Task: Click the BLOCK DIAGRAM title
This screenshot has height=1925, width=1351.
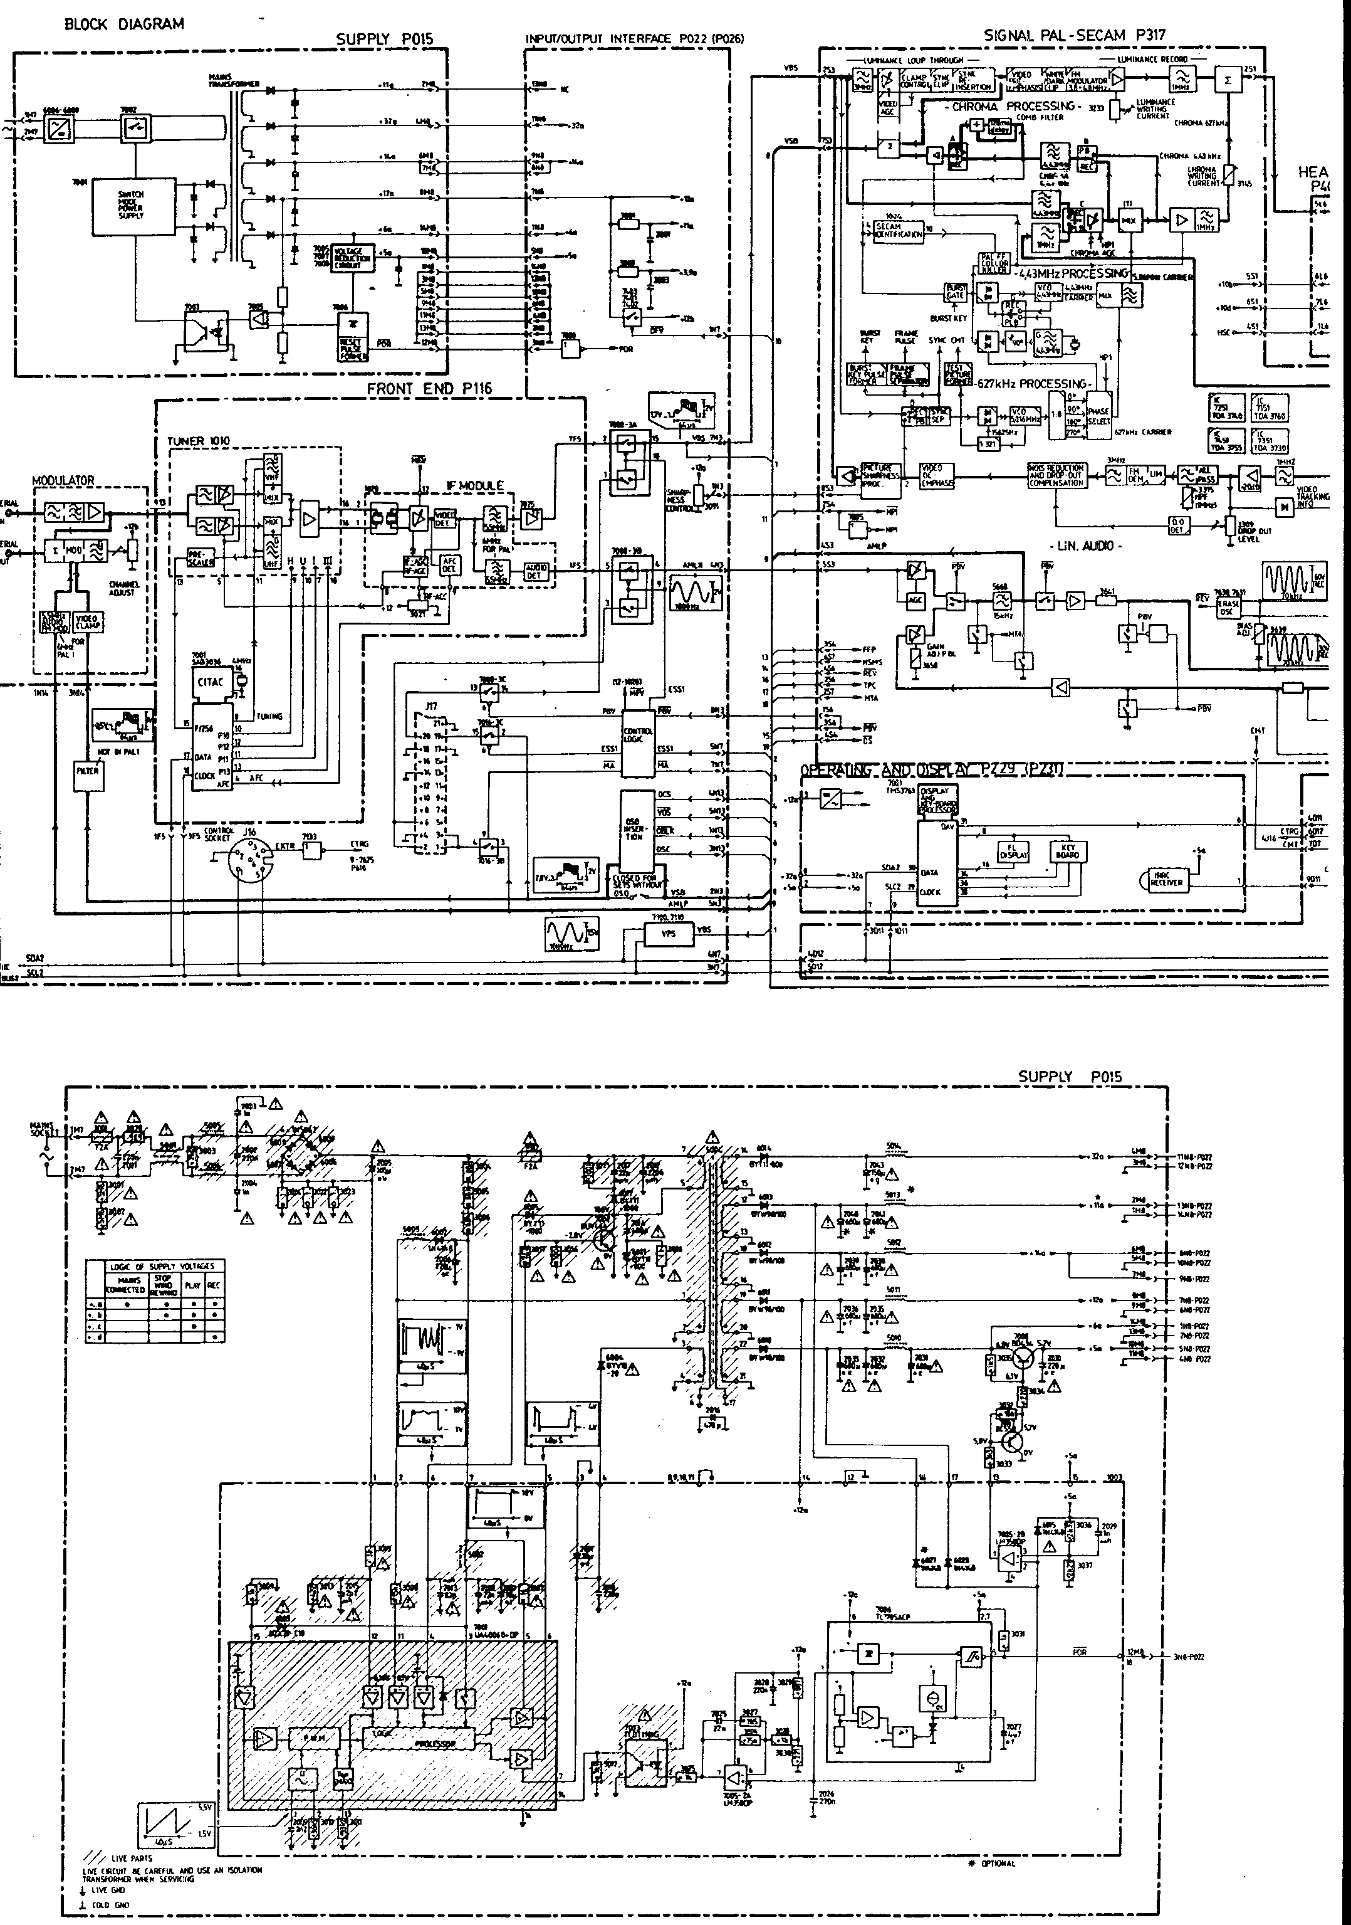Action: click(123, 24)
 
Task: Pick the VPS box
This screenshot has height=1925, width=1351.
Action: click(667, 933)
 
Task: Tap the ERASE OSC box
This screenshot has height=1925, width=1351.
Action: click(1229, 608)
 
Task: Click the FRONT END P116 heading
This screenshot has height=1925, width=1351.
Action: click(429, 388)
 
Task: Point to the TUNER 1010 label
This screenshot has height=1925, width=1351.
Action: click(198, 441)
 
